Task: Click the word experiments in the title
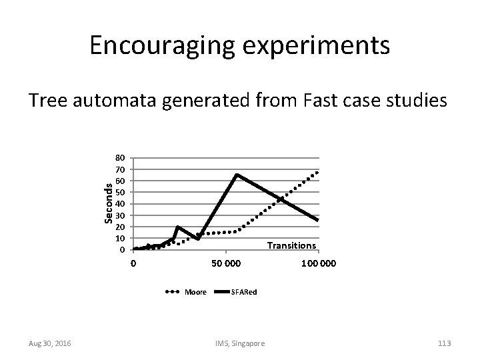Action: click(305, 47)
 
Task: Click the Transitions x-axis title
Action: click(291, 245)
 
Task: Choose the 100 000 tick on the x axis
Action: click(319, 264)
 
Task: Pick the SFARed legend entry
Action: click(243, 292)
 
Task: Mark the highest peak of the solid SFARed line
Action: click(237, 175)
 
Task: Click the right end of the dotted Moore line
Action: click(318, 172)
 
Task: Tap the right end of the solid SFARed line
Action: click(318, 220)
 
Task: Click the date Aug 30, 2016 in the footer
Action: click(51, 343)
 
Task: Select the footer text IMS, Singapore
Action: click(239, 343)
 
